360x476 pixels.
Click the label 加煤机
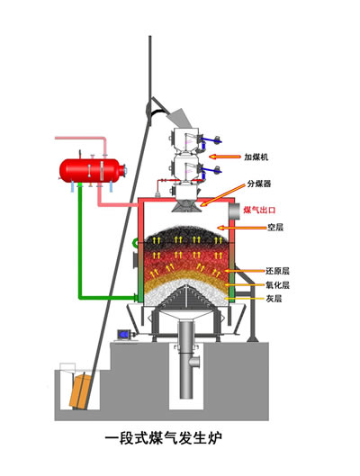coord(256,157)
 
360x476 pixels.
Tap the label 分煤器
coord(259,184)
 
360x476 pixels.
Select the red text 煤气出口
coord(259,210)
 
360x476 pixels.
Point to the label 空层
coord(275,227)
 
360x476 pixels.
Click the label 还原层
coord(277,271)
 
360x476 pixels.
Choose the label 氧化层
coord(277,284)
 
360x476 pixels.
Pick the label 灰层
coord(274,299)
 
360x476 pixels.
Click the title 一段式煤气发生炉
coord(164,438)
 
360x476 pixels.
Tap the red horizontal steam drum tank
coord(92,170)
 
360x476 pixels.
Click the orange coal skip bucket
coord(80,391)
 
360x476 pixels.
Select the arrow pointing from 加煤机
coord(225,157)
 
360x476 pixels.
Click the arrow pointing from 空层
coord(242,228)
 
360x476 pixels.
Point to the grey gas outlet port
coord(234,211)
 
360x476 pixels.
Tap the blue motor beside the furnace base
coord(124,334)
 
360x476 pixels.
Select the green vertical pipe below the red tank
coord(80,240)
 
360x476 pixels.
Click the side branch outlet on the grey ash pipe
coord(194,362)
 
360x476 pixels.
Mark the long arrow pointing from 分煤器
coord(223,195)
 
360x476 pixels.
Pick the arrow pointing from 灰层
coord(245,299)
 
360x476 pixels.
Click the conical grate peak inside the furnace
coord(185,286)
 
